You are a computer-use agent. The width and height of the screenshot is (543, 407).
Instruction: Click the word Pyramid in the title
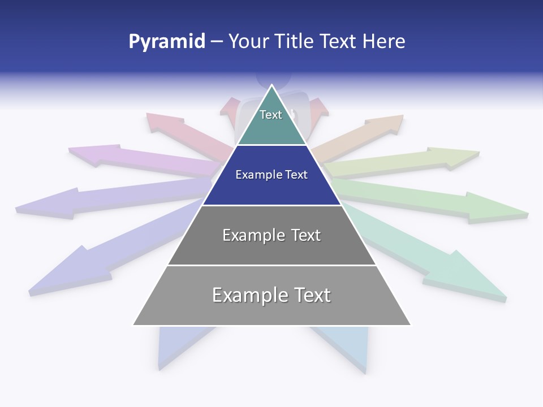[166, 42]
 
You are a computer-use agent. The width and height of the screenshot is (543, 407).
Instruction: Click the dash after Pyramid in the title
[216, 42]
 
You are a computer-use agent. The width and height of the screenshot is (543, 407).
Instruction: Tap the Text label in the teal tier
[271, 115]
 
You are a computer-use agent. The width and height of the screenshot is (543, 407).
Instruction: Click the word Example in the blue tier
[255, 175]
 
